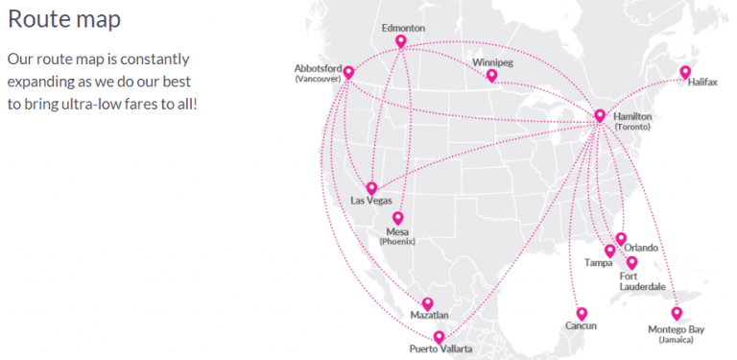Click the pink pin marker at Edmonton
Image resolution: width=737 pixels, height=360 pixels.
(400, 41)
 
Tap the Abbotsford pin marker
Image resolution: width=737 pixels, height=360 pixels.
(348, 72)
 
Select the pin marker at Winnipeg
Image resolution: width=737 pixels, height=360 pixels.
(491, 75)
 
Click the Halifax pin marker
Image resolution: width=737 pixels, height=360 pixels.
(685, 72)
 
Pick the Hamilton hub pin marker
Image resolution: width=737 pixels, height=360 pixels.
(600, 115)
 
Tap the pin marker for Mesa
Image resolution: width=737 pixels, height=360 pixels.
(397, 218)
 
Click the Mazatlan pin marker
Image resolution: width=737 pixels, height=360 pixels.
(428, 303)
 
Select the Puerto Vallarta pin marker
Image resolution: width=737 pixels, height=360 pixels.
(439, 336)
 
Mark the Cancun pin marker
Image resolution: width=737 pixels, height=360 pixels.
(581, 313)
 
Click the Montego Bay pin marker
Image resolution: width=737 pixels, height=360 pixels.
(677, 313)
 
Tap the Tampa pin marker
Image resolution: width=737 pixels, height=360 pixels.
(609, 251)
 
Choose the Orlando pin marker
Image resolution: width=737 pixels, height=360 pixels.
(621, 238)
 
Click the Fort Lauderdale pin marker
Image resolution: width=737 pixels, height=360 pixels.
(631, 261)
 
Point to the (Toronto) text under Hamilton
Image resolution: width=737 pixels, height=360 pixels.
(633, 128)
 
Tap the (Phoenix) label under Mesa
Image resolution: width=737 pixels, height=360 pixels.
(397, 242)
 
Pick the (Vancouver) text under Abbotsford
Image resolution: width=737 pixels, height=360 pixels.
(318, 79)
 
